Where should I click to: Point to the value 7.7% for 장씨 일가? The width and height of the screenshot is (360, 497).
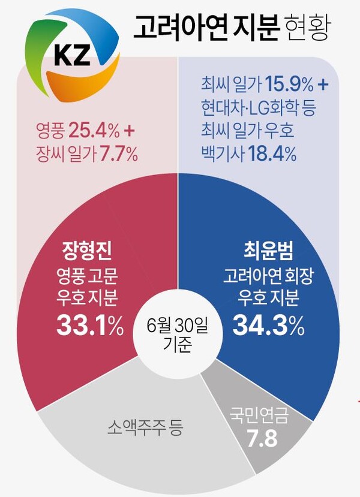pos(117,154)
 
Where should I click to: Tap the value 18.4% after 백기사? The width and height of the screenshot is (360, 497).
pos(271,154)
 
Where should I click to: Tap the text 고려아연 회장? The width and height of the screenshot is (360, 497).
pos(268,277)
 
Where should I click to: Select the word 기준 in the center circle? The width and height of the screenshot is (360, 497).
pos(177,346)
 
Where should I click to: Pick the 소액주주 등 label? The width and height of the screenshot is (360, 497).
pos(146,428)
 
